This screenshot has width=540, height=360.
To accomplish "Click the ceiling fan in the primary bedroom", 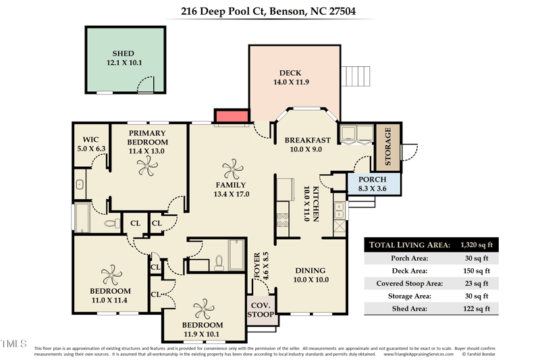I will [148, 170].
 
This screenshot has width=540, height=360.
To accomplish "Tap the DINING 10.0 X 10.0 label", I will [311, 275].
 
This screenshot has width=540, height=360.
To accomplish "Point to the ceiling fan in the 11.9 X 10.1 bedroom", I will [202, 309].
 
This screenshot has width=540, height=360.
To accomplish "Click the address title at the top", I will [269, 11].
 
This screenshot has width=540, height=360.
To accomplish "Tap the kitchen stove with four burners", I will [283, 220].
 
